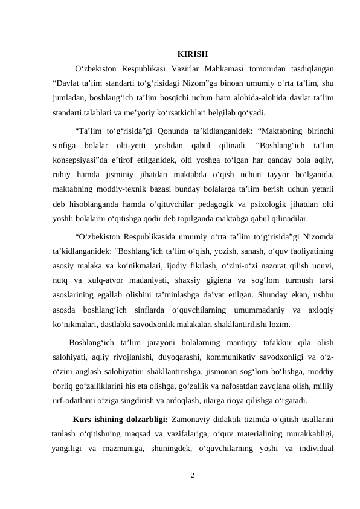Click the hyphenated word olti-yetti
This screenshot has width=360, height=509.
click(130, 146)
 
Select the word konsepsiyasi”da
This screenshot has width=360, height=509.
click(80, 161)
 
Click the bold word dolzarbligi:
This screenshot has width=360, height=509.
click(143, 419)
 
